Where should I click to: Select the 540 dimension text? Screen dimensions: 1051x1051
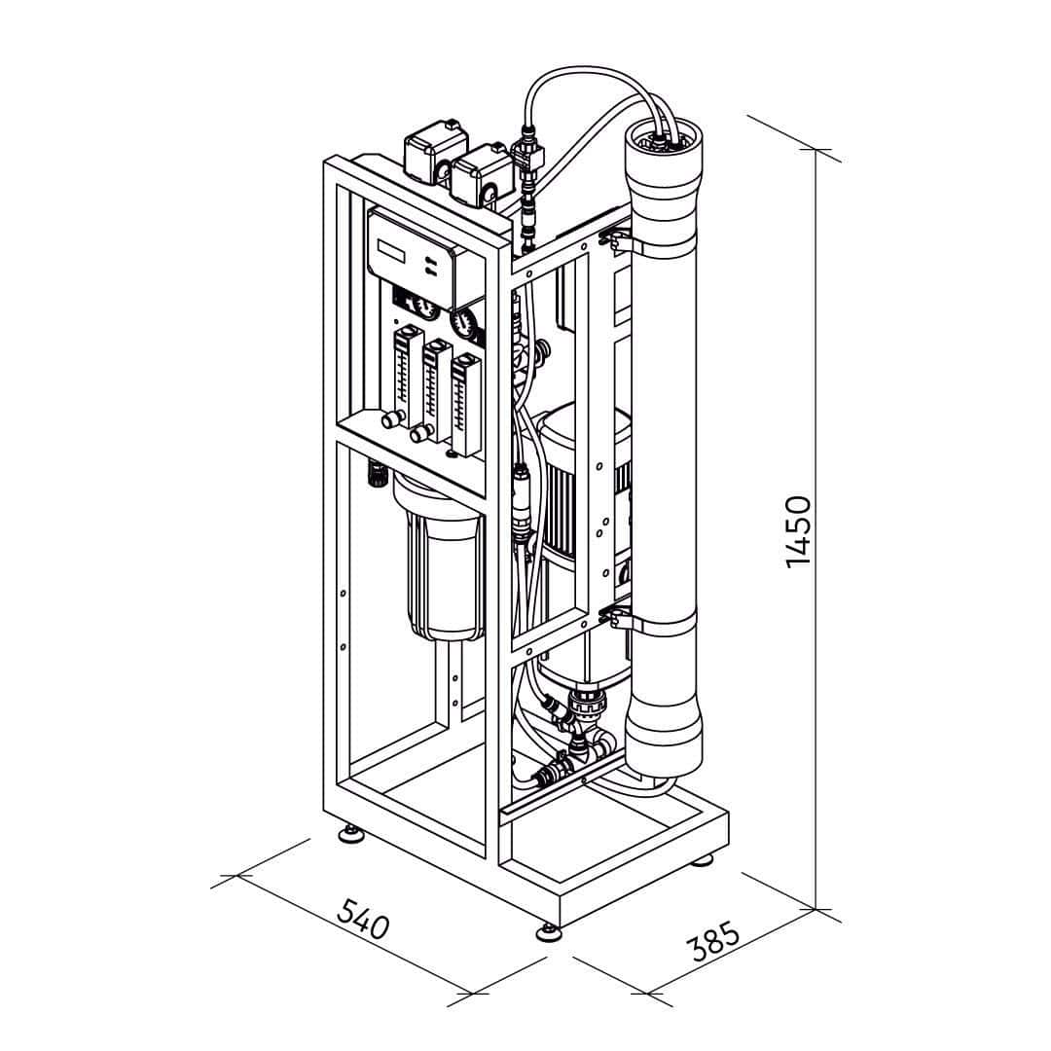tap(363, 918)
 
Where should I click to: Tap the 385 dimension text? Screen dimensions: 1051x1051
tap(713, 942)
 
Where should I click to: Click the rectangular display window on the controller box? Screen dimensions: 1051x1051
tap(392, 250)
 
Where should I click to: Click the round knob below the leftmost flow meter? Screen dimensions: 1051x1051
tap(390, 420)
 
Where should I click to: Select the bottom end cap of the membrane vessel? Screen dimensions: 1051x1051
tap(663, 740)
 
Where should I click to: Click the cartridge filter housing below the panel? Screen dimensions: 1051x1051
tap(440, 564)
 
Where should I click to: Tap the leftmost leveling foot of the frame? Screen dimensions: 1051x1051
tap(349, 833)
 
